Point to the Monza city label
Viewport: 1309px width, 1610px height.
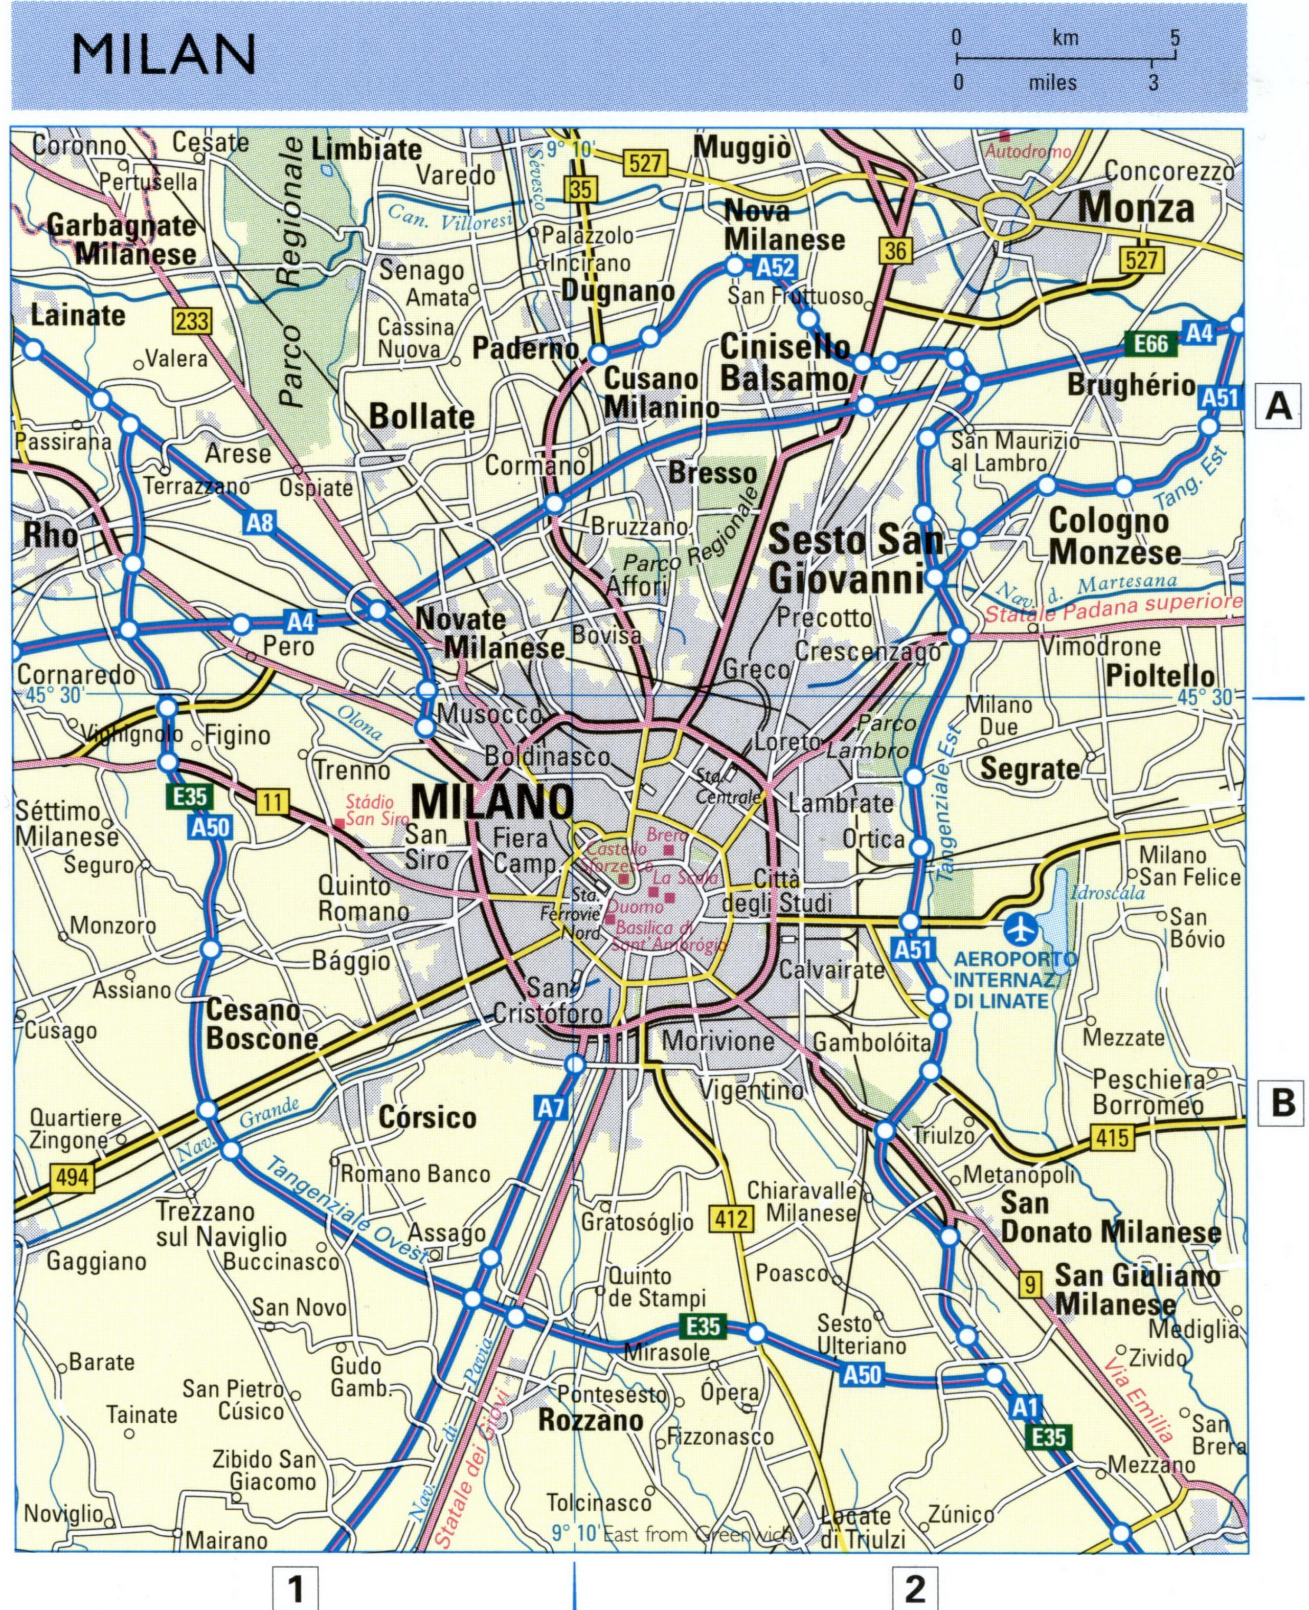point(1136,208)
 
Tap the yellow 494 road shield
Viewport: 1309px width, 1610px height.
point(72,1176)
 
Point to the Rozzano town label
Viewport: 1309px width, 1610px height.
point(591,1421)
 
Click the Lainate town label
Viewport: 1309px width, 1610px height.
point(78,315)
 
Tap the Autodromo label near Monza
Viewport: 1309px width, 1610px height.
point(1028,151)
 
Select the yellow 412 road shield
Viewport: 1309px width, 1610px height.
point(731,1219)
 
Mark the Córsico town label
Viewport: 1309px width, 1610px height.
point(427,1117)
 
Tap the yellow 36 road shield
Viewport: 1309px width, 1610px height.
point(895,251)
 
